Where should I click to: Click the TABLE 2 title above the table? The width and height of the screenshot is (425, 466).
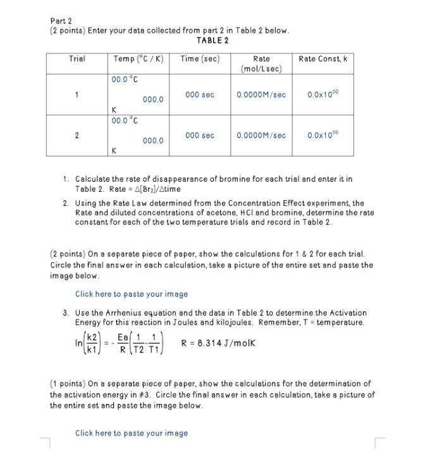pyautogui.click(x=212, y=40)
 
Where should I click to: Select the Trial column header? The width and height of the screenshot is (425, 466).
pyautogui.click(x=77, y=59)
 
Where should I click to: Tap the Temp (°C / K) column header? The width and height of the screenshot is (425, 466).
pyautogui.click(x=138, y=59)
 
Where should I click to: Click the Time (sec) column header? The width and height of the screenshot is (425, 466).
pyautogui.click(x=200, y=59)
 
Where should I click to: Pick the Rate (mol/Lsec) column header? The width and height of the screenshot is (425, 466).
pyautogui.click(x=261, y=63)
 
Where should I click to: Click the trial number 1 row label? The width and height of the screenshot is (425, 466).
pyautogui.click(x=77, y=95)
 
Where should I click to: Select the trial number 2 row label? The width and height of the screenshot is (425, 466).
pyautogui.click(x=77, y=135)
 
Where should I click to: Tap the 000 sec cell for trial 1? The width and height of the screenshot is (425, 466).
pyautogui.click(x=200, y=95)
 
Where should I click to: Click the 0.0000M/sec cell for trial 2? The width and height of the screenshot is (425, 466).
pyautogui.click(x=261, y=135)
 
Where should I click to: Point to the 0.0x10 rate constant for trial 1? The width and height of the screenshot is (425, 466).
pyautogui.click(x=323, y=95)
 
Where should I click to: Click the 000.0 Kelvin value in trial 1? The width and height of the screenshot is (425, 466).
pyautogui.click(x=153, y=100)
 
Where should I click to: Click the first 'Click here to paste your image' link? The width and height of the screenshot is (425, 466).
pyautogui.click(x=132, y=294)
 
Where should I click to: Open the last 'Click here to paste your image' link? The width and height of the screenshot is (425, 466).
pyautogui.click(x=132, y=433)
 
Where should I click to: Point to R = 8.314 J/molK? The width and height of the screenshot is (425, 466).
pyautogui.click(x=218, y=344)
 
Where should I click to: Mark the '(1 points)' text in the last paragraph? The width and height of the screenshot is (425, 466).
pyautogui.click(x=68, y=383)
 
